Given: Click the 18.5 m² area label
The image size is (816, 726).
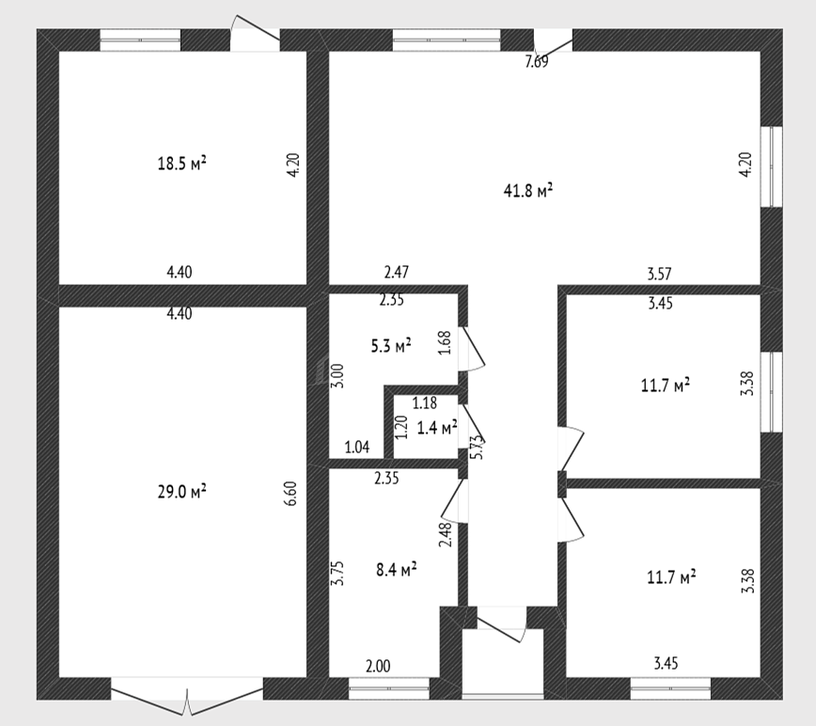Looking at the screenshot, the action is (181, 164).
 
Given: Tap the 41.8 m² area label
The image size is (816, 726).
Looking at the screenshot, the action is (527, 191).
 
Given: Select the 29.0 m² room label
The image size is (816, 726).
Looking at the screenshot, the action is (181, 491).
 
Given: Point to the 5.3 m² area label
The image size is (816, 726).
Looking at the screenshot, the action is (391, 345).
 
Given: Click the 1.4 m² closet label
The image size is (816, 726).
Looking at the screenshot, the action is (437, 428).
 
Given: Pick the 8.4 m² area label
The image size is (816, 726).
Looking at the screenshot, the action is (396, 569).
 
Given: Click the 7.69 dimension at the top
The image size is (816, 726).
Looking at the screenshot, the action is (537, 62).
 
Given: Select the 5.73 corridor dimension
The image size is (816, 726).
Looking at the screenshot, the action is (478, 447).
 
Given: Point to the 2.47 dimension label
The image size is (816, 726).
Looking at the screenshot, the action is (396, 272).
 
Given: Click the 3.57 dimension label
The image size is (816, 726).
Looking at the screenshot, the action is (659, 274).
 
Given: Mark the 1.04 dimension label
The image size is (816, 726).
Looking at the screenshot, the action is (357, 447).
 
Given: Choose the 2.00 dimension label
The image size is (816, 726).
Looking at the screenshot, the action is (378, 666).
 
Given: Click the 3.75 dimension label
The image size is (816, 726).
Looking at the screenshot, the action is (338, 573).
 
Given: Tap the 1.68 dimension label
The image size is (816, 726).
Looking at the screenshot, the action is (445, 343).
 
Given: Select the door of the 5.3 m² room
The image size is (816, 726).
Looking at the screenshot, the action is (470, 348).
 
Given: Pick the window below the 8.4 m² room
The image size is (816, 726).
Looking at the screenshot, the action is (389, 688).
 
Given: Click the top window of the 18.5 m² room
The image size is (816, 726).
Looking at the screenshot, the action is (140, 40).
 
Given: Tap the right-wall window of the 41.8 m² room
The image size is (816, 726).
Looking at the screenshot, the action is (771, 166).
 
